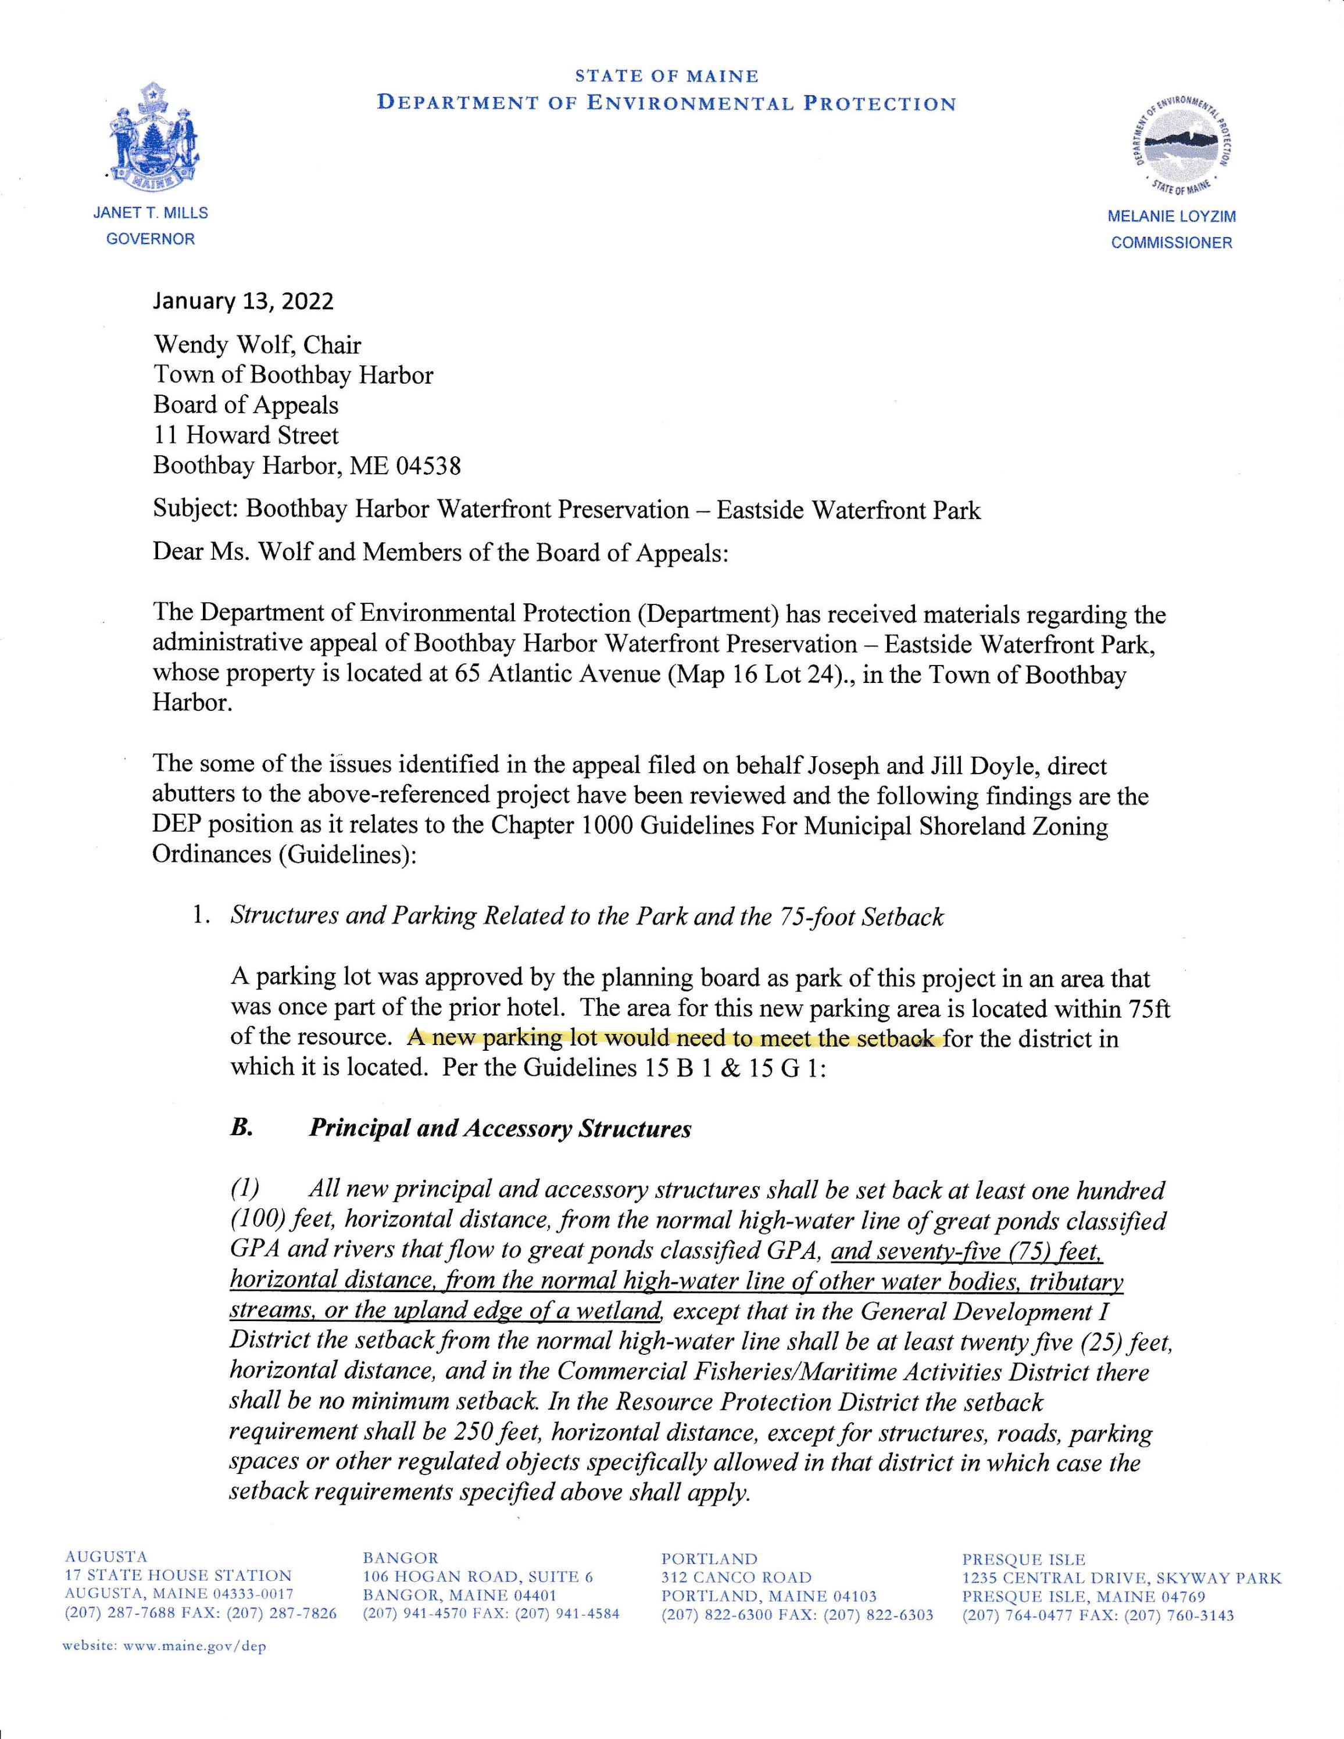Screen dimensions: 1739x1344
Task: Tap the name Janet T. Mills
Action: pyautogui.click(x=151, y=213)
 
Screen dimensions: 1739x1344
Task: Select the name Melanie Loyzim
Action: pyautogui.click(x=1171, y=217)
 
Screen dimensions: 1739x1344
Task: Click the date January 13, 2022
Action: pyautogui.click(x=243, y=301)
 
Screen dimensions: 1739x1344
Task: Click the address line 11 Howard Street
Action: pyautogui.click(x=246, y=435)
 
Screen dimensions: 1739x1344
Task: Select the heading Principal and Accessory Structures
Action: pyautogui.click(x=500, y=1128)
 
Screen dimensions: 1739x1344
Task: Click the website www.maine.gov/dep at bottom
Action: pyautogui.click(x=164, y=1646)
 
